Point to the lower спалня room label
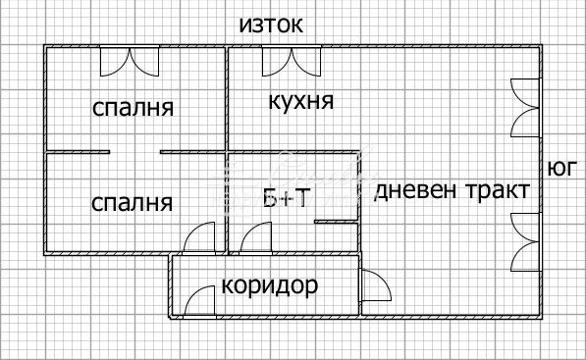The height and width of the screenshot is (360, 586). point(132,203)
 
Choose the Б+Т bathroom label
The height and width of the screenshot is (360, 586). point(287,199)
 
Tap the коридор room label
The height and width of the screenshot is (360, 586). point(270,286)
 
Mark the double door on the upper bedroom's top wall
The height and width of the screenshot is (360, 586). point(130,61)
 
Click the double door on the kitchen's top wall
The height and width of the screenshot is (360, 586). point(290,61)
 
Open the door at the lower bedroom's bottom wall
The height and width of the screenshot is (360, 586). point(200,238)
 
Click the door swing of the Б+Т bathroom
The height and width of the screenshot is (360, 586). point(257,238)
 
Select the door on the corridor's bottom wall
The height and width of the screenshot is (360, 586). point(203,301)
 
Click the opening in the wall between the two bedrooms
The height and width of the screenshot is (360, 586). point(134,151)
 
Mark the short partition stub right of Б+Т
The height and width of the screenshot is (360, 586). point(334,222)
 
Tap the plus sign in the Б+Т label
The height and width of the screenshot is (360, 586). point(286,199)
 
